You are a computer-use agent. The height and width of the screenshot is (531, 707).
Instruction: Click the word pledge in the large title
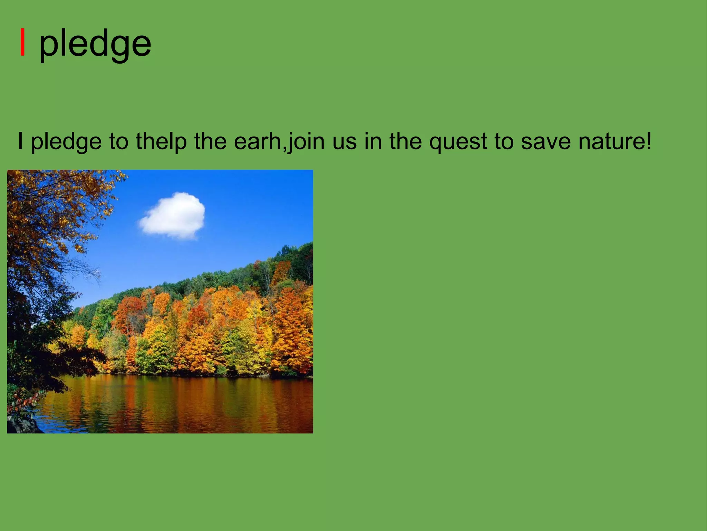tap(95, 44)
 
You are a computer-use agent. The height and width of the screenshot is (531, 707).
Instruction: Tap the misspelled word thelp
tap(161, 142)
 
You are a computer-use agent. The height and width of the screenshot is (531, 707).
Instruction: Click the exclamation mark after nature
tap(648, 141)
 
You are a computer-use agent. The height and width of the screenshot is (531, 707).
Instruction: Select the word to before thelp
tap(119, 142)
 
